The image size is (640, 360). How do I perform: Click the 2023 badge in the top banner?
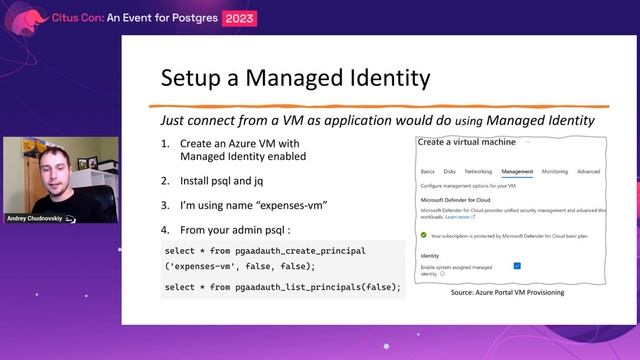point(239,18)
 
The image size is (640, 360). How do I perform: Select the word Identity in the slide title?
point(384,78)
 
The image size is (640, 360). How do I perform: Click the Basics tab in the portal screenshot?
point(428,172)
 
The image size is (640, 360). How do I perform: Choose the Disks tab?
point(450,172)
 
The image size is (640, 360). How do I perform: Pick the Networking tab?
point(478,172)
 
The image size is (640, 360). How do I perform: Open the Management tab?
point(517,172)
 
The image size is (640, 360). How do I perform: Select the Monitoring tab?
point(555,172)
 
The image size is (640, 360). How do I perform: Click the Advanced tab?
point(589,172)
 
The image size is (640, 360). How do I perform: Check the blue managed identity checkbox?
point(517,266)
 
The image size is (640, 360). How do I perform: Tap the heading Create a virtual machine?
point(467,142)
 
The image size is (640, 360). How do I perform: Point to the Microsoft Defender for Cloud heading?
point(456,200)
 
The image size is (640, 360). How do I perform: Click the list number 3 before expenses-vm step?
point(166,205)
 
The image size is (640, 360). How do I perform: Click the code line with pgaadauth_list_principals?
point(281,288)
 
